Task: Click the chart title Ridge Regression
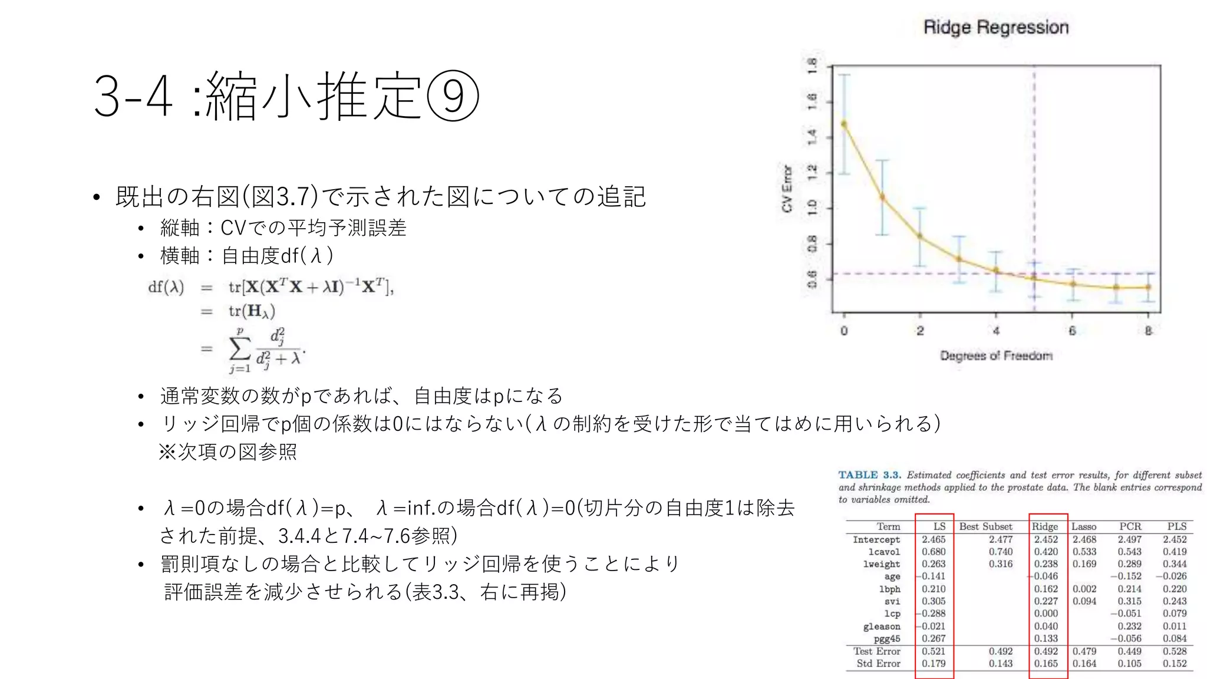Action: [995, 27]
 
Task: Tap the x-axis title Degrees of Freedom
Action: [995, 355]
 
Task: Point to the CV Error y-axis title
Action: [787, 189]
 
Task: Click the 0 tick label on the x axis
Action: [844, 331]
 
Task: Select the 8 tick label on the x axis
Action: [1148, 331]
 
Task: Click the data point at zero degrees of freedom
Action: [844, 124]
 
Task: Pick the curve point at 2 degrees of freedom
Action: [920, 236]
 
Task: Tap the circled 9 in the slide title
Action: [453, 95]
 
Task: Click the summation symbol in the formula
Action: [239, 348]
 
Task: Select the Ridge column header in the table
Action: [1045, 526]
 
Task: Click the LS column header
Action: [939, 526]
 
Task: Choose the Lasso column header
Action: [1084, 526]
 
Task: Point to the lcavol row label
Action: [883, 552]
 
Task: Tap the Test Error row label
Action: [876, 651]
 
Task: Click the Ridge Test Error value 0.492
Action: [1046, 651]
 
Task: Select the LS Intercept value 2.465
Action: [934, 539]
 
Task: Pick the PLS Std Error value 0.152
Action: [1175, 664]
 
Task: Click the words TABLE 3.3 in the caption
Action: [869, 475]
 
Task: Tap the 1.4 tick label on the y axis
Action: [812, 137]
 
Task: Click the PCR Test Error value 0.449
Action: [1129, 651]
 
